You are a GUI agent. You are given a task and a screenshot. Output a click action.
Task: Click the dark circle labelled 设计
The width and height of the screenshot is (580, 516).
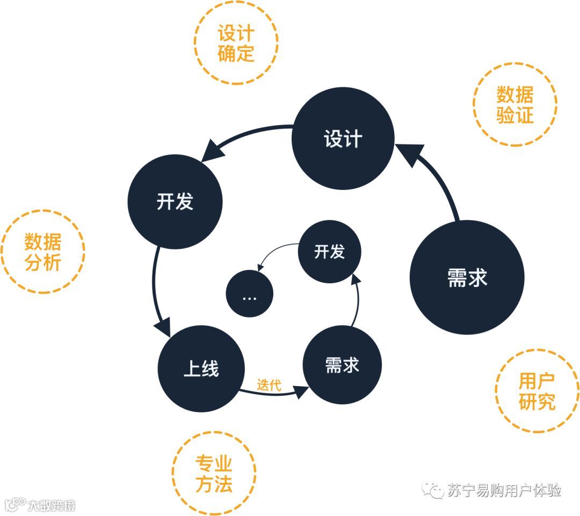343,139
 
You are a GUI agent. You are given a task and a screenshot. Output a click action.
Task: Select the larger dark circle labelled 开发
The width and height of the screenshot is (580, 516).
175,202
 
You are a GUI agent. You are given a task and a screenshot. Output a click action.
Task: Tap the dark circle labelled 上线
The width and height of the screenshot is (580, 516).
201,368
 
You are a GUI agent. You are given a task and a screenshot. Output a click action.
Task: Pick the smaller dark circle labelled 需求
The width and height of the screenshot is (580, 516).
342,365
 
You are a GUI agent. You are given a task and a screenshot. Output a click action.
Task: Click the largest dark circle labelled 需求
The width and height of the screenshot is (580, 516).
467,277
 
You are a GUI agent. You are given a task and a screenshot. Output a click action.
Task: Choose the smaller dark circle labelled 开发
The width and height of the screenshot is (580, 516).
329,252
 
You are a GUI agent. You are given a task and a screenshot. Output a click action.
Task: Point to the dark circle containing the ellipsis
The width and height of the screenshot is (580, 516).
249,294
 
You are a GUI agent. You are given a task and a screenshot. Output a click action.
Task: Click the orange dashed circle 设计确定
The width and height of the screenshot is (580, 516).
236,43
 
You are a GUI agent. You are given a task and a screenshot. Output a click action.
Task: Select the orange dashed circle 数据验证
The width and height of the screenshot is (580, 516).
514,105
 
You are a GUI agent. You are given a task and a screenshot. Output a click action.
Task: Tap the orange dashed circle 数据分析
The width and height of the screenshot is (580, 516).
42,252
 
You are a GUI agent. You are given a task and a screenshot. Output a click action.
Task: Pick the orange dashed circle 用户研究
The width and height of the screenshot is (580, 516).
536,392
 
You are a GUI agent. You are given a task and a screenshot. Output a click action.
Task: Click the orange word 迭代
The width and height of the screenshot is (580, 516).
269,384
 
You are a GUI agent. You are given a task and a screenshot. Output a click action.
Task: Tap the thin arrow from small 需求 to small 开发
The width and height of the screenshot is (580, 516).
357,300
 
